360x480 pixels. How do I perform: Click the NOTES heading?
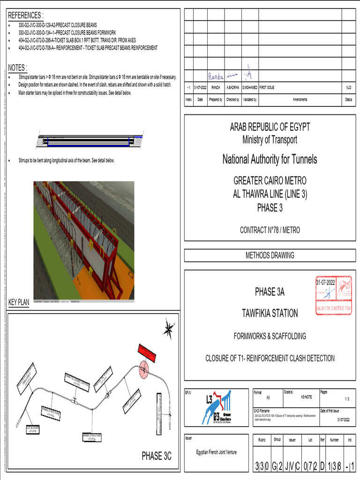pyautogui.click(x=18, y=67)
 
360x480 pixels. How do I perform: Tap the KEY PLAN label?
pyautogui.click(x=19, y=302)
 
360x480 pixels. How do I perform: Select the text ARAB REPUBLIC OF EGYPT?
pyautogui.click(x=270, y=127)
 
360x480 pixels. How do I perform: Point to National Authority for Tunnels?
pyautogui.click(x=270, y=159)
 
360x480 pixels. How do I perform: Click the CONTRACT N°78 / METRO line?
pyautogui.click(x=270, y=230)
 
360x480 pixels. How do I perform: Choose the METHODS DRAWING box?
pyautogui.click(x=270, y=255)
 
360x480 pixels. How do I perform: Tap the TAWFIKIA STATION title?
pyautogui.click(x=270, y=313)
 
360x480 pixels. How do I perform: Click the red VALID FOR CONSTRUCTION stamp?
pyautogui.click(x=333, y=296)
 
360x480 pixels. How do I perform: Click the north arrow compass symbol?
pyautogui.click(x=168, y=329)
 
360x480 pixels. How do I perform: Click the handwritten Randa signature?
pyautogui.click(x=216, y=75)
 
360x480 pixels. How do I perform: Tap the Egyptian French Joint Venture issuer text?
pyautogui.click(x=216, y=452)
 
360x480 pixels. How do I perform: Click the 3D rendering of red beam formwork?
pyautogui.click(x=83, y=240)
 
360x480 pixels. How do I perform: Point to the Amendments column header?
pyautogui.click(x=300, y=99)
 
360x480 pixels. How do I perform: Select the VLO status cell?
pyautogui.click(x=348, y=87)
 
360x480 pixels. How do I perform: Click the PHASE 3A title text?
pyautogui.click(x=270, y=292)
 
